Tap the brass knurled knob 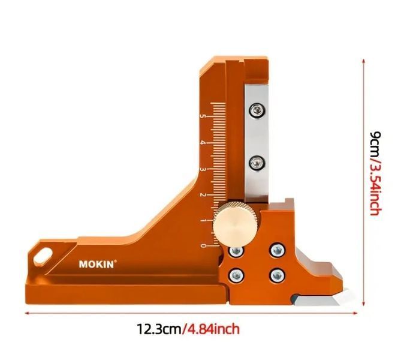pos(235,225)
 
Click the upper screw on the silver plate pos(257,110)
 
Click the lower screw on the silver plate pos(257,163)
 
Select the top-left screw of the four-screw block pos(236,250)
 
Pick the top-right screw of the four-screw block pos(278,250)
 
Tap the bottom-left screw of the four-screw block pos(237,275)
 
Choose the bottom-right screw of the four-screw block pos(278,275)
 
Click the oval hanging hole pos(43,256)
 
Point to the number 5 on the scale pos(203,116)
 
